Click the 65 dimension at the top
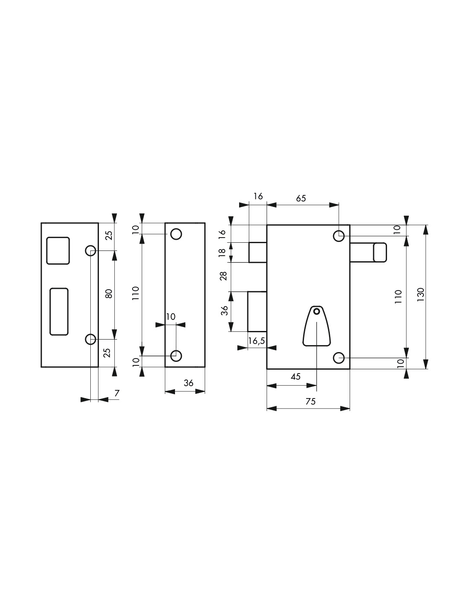pyautogui.click(x=301, y=198)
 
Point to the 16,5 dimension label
pyautogui.click(x=257, y=341)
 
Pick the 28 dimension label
pyautogui.click(x=224, y=276)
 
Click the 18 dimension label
pyautogui.click(x=222, y=252)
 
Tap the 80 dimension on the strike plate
pyautogui.click(x=109, y=294)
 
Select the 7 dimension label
pyautogui.click(x=117, y=393)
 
